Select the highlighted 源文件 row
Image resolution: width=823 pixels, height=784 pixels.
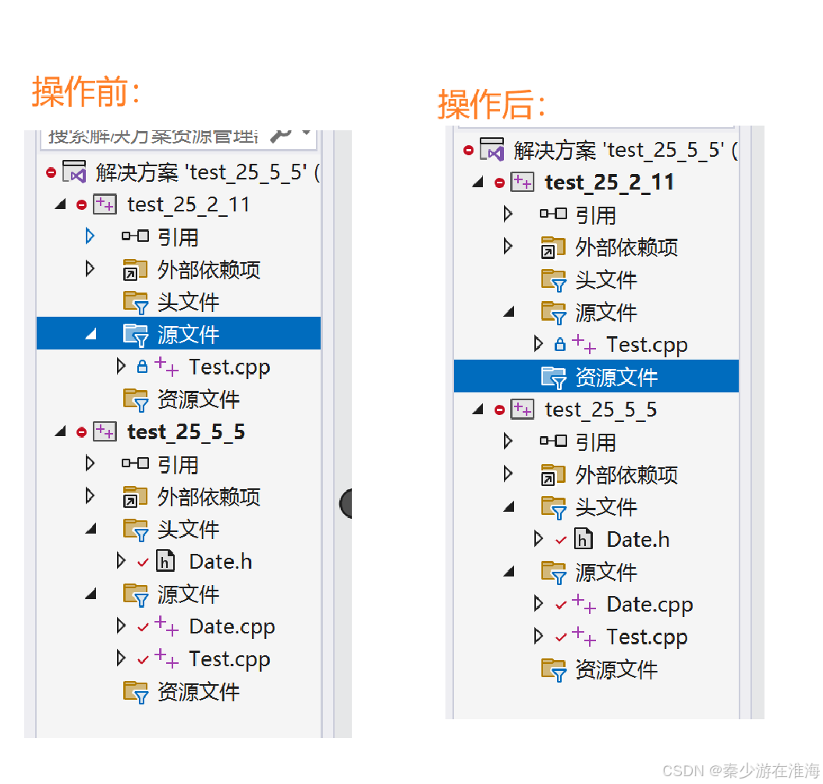188,335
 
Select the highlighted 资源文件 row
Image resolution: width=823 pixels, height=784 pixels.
616,378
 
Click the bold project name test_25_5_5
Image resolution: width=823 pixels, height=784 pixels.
186,432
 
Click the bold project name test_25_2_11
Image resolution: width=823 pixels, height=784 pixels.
609,183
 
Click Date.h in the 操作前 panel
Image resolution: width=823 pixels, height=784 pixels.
220,562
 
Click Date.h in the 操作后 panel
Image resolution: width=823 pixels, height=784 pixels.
637,539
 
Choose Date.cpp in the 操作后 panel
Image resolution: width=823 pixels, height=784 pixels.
649,605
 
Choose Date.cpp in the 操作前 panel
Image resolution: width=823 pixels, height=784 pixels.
232,627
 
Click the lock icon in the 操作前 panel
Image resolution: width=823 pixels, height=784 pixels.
142,367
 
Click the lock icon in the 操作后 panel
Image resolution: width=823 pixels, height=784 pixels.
559,344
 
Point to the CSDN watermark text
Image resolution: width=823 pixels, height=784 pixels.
734,770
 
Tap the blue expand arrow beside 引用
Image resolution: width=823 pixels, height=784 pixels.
90,236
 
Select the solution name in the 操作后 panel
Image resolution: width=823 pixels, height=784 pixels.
624,150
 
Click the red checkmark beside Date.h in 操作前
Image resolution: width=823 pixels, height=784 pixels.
143,562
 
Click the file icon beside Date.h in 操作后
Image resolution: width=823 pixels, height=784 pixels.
583,538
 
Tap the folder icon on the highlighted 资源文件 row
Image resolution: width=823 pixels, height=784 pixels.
554,378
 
